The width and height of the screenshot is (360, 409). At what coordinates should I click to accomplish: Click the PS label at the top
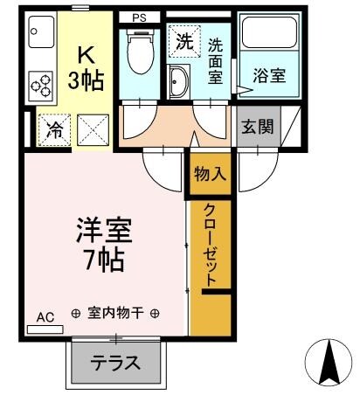[139, 17]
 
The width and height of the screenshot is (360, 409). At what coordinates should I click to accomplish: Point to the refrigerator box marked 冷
[53, 131]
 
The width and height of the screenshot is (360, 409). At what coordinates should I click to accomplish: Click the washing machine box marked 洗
[183, 39]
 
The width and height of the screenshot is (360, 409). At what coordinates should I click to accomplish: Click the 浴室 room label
[269, 76]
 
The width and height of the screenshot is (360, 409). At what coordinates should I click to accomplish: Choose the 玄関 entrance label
[258, 126]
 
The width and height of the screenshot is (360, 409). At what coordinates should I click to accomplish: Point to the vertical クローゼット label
[211, 246]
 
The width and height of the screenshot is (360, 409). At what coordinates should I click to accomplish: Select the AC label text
[45, 317]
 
